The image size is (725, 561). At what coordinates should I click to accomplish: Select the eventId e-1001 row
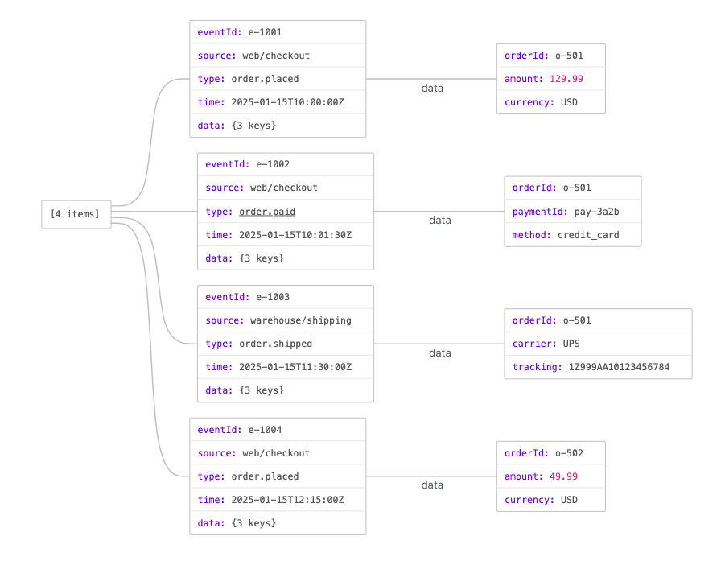pos(278,32)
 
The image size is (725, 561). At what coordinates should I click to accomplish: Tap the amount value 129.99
pos(566,79)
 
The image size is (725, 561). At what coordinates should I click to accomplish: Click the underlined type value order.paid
pos(267,212)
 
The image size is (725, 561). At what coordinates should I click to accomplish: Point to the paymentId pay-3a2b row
pos(573,212)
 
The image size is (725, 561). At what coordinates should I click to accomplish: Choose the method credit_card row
pos(573,235)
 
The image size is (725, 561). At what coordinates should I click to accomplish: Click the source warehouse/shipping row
pos(286,320)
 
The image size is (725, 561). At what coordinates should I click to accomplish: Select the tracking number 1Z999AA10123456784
pos(619,367)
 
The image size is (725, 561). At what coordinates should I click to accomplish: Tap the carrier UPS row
pos(599,344)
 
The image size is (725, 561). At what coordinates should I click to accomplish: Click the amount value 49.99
pos(563,476)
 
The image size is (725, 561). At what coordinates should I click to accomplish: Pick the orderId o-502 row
pos(551,453)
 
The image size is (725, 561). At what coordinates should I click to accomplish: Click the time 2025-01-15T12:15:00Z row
pos(278,500)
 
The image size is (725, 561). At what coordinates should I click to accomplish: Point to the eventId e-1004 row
pos(278,430)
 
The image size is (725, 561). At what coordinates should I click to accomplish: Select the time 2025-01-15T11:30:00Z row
pos(286,367)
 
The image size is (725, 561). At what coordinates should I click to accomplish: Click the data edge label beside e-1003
pos(440,353)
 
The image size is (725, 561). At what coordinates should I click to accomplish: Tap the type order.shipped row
pos(286,344)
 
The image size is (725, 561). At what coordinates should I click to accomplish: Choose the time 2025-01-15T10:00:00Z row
pos(278,102)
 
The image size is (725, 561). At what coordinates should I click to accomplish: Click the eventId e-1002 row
pos(286,165)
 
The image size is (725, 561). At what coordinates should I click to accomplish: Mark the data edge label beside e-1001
pos(432,89)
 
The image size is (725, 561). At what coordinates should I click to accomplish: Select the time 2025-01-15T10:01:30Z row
pos(286,235)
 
